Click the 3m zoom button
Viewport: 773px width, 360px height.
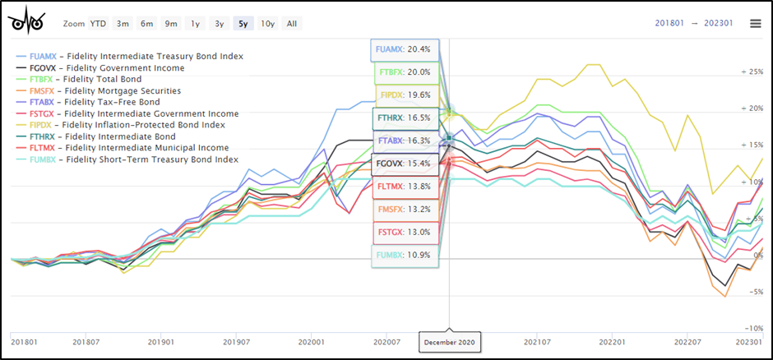click(x=123, y=23)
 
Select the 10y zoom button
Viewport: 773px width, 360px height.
click(x=268, y=23)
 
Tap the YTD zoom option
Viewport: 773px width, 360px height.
click(x=97, y=23)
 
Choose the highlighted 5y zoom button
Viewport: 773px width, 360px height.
click(x=243, y=23)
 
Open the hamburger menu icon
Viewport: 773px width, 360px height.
click(x=755, y=24)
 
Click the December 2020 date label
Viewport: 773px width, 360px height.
click(x=448, y=339)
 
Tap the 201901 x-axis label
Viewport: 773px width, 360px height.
click(x=160, y=340)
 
